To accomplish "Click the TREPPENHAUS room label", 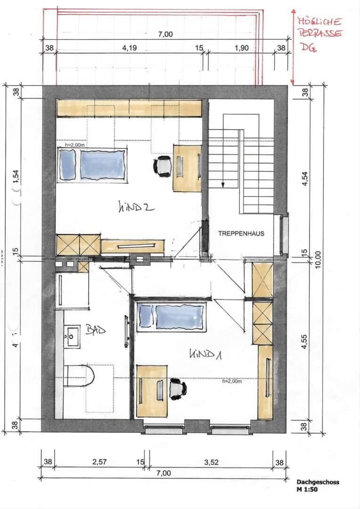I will pos(241,233).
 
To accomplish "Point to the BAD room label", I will pos(95,330).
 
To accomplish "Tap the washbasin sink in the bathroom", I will pos(72,336).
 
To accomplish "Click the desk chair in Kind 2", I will pos(163,166).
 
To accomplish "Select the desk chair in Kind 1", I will pos(178,389).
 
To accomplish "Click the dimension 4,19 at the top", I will pos(130,48).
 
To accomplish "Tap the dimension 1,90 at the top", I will pos(241,48).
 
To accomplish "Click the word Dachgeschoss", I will pos(318,482).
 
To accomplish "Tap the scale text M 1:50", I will pos(307,489).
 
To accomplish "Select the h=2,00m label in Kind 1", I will pos(232,381).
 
